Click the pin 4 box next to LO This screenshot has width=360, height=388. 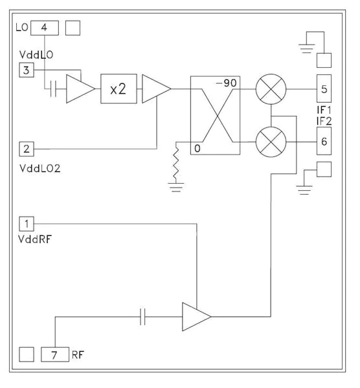click(x=44, y=28)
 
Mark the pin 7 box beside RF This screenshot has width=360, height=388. click(x=54, y=354)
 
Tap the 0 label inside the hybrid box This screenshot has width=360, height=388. click(x=196, y=148)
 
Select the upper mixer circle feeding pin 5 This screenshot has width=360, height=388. click(x=269, y=89)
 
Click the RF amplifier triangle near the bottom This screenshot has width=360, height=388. click(x=195, y=316)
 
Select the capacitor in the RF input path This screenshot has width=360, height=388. click(x=144, y=316)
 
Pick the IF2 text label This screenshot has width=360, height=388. click(x=324, y=120)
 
